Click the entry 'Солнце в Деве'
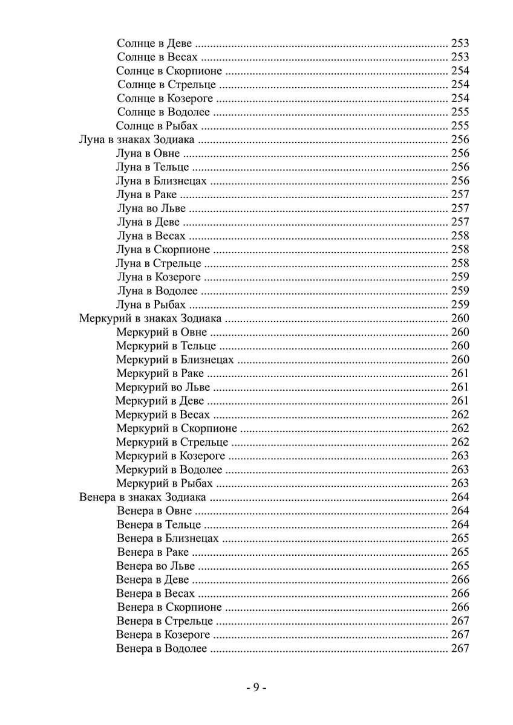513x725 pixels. (154, 43)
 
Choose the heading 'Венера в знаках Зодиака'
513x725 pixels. (142, 497)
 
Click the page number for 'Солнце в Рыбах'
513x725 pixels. (460, 126)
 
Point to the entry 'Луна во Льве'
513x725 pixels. (151, 208)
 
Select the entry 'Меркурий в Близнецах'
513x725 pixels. (175, 359)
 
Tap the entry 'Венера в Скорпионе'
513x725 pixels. (170, 607)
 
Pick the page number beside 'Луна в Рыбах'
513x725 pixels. (460, 304)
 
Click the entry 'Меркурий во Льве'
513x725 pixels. (163, 387)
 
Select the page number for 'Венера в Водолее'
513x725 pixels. (460, 649)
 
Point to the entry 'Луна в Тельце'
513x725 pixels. (152, 167)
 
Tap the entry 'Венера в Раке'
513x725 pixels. (154, 552)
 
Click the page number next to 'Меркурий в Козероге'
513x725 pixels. (460, 456)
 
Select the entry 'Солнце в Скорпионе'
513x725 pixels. (171, 71)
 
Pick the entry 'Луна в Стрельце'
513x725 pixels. (158, 263)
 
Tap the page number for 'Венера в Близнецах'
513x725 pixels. (460, 538)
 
